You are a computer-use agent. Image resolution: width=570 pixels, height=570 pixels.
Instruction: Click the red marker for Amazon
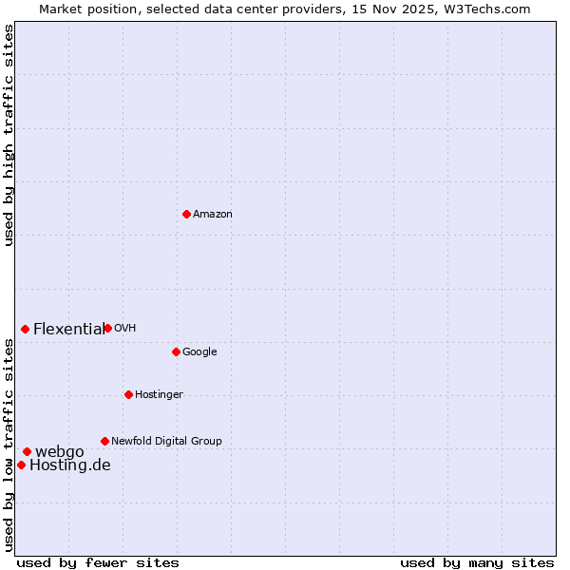(x=186, y=214)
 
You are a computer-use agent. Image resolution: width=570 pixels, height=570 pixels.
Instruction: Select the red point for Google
(x=176, y=351)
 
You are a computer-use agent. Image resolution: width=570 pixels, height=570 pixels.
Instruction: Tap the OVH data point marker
(x=107, y=328)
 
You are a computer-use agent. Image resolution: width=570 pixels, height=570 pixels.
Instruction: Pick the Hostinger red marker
(x=128, y=394)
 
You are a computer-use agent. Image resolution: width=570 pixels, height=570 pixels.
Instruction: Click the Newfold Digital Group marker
(x=104, y=441)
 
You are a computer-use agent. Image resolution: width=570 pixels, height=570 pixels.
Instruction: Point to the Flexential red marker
(x=25, y=329)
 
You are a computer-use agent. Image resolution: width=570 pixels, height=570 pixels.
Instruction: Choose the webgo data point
(x=27, y=451)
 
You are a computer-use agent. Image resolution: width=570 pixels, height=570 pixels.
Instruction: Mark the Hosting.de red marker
(x=21, y=465)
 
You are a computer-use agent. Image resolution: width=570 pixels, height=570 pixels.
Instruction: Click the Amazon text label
(x=213, y=215)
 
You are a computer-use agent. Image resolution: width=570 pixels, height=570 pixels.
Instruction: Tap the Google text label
(x=199, y=352)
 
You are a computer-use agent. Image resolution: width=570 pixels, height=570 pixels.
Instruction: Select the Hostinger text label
(x=159, y=395)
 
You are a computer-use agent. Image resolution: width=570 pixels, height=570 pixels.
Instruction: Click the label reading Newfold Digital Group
(x=166, y=442)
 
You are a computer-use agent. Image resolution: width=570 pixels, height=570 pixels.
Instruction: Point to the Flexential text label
(x=68, y=330)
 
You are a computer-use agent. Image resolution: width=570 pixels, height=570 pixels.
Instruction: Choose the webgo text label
(x=60, y=452)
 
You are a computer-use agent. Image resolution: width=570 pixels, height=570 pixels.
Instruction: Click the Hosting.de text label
(x=70, y=465)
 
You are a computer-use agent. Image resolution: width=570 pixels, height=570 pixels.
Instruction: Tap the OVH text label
(x=125, y=329)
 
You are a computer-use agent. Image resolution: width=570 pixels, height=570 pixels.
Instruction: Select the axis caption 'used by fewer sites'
(x=98, y=562)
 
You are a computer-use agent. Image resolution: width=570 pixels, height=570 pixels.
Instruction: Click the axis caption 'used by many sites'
(x=477, y=562)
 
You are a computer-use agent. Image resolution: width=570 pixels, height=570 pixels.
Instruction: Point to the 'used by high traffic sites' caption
(x=9, y=135)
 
